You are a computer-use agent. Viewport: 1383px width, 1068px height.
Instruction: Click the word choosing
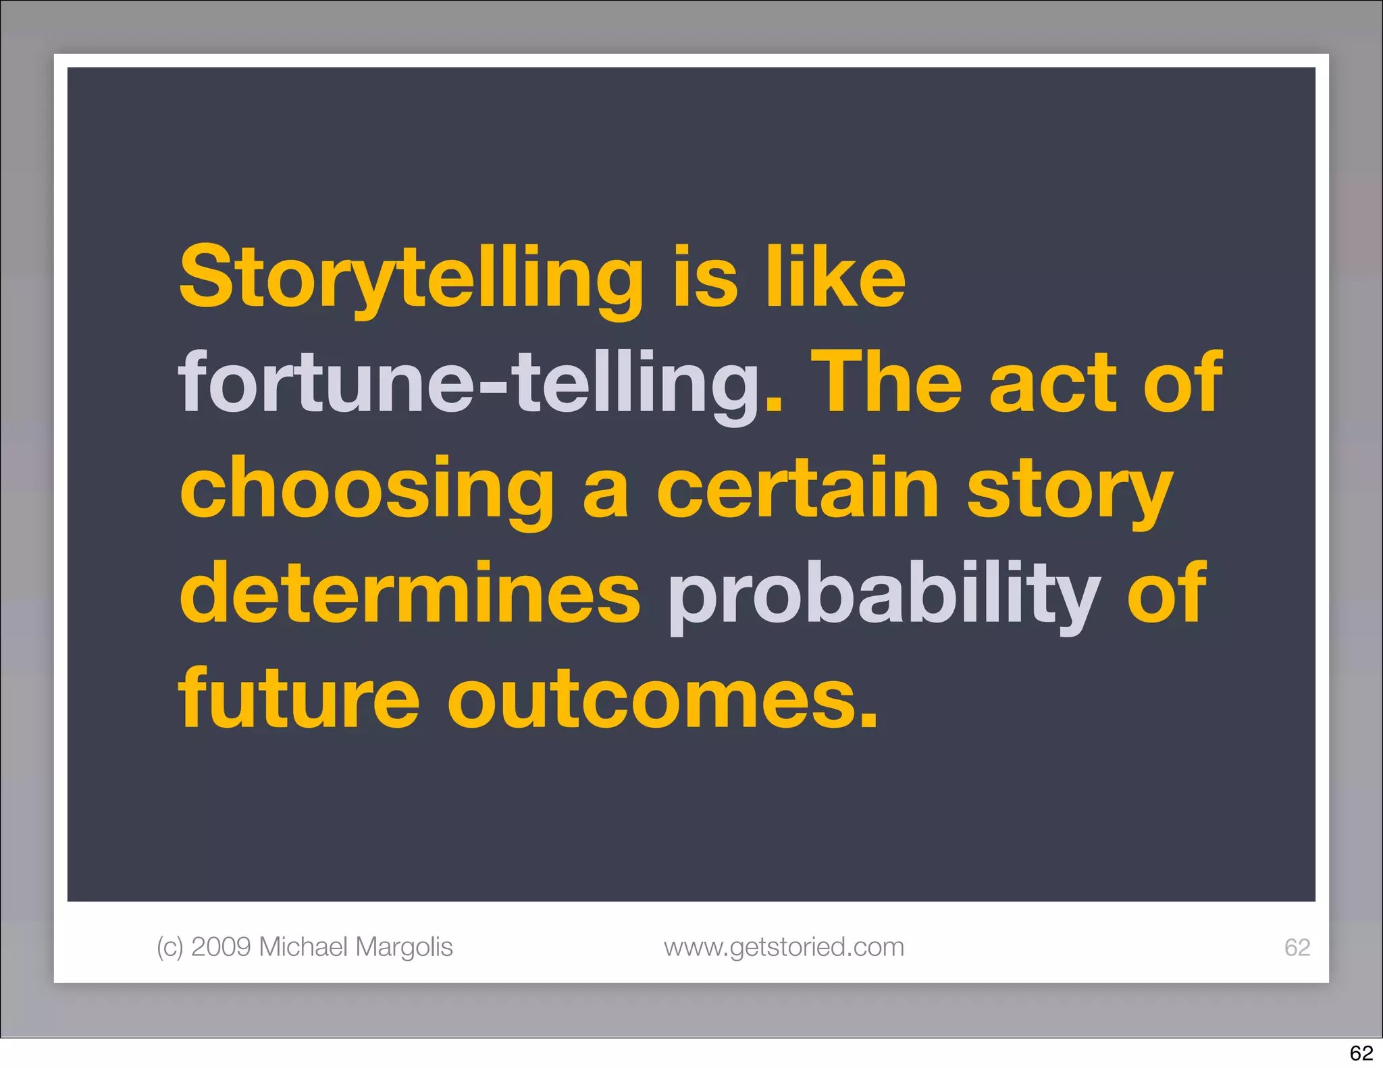(367, 489)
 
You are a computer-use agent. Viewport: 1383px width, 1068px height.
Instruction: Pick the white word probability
(884, 594)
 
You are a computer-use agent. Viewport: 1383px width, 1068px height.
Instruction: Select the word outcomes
(662, 699)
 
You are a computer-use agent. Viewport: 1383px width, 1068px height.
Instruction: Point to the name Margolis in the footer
(404, 946)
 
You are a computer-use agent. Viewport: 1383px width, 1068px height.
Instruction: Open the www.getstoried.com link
(783, 946)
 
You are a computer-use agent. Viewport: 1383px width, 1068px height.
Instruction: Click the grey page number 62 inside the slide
(1297, 947)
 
